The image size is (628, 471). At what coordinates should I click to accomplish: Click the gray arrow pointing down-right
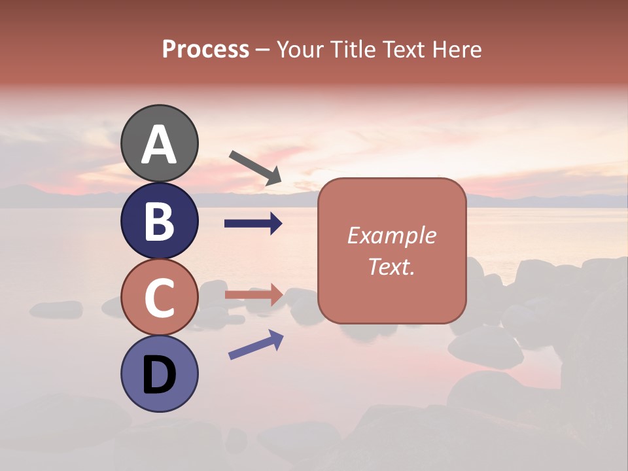pos(255,167)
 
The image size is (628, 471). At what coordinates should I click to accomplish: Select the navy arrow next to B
pos(253,224)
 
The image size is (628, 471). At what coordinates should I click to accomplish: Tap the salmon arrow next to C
pos(254,295)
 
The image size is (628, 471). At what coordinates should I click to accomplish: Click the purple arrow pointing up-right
pos(256,345)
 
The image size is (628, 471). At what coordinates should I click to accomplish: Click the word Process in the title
pos(205,50)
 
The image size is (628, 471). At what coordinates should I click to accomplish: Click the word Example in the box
pos(391,235)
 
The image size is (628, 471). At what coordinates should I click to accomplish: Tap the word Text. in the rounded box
pos(391,266)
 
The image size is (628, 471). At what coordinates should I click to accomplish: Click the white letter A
pos(160,145)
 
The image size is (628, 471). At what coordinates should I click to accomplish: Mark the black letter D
pos(160,375)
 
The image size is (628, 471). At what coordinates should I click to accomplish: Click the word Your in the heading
pos(302,50)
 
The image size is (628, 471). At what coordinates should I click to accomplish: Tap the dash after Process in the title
pos(262,50)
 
